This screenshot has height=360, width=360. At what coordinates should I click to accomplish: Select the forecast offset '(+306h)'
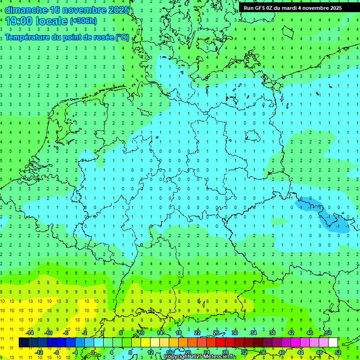83,21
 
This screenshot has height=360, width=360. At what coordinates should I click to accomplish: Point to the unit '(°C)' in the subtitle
122,37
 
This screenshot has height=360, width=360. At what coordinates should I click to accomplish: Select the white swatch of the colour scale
333,343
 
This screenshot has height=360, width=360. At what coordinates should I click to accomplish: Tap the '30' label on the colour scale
234,333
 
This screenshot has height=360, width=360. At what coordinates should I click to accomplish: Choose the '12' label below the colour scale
150,352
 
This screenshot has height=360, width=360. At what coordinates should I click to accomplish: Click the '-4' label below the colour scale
75,352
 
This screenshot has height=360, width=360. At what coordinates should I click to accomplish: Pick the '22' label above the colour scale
197,333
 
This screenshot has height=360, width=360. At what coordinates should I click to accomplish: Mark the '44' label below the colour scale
300,352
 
